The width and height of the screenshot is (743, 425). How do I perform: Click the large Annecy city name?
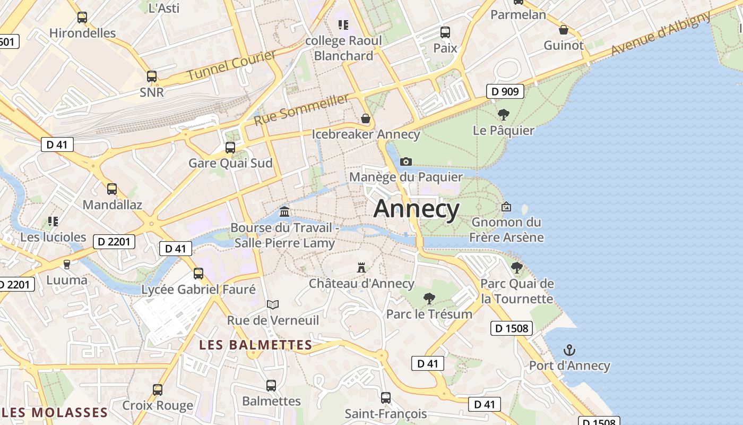point(417,209)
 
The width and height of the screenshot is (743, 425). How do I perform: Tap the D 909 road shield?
point(505,91)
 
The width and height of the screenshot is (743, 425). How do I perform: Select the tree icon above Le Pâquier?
point(503,114)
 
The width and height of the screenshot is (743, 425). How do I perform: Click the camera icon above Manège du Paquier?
point(406,161)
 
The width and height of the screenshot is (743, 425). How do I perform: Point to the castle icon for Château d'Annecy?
point(361,267)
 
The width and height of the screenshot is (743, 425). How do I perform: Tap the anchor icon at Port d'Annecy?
point(569,350)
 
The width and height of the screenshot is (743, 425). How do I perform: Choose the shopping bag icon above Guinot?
point(563,30)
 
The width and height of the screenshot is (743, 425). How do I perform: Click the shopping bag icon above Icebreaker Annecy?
point(365,118)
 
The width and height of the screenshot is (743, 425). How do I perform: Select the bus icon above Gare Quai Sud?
point(230,148)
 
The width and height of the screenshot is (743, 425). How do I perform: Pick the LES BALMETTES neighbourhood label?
point(255,345)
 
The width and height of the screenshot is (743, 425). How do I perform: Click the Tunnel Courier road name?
point(231,65)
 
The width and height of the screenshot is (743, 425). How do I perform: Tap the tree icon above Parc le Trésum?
point(429,298)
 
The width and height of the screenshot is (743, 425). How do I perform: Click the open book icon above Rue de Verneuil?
point(273,305)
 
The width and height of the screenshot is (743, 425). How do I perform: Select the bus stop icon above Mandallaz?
point(112,189)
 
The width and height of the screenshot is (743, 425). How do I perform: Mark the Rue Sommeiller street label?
point(301,109)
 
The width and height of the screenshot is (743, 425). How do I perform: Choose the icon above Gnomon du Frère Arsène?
point(506,207)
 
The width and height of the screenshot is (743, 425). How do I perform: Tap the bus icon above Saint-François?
point(386,398)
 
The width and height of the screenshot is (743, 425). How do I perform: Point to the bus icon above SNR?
point(152,76)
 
